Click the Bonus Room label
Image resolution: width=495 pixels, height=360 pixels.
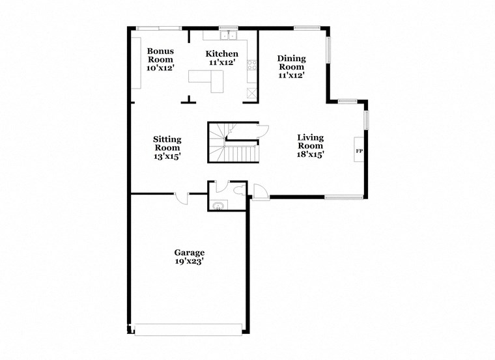[160, 59]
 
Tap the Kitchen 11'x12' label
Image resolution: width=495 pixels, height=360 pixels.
[221, 58]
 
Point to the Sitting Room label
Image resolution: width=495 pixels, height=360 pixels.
[167, 148]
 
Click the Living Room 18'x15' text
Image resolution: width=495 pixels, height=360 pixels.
[310, 146]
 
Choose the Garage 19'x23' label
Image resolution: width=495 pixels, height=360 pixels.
[189, 257]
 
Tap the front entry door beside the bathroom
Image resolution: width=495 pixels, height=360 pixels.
[260, 193]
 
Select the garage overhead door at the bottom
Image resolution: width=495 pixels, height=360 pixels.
[189, 329]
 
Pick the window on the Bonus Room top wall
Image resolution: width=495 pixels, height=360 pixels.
[159, 27]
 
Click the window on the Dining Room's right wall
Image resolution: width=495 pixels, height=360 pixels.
[329, 51]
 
